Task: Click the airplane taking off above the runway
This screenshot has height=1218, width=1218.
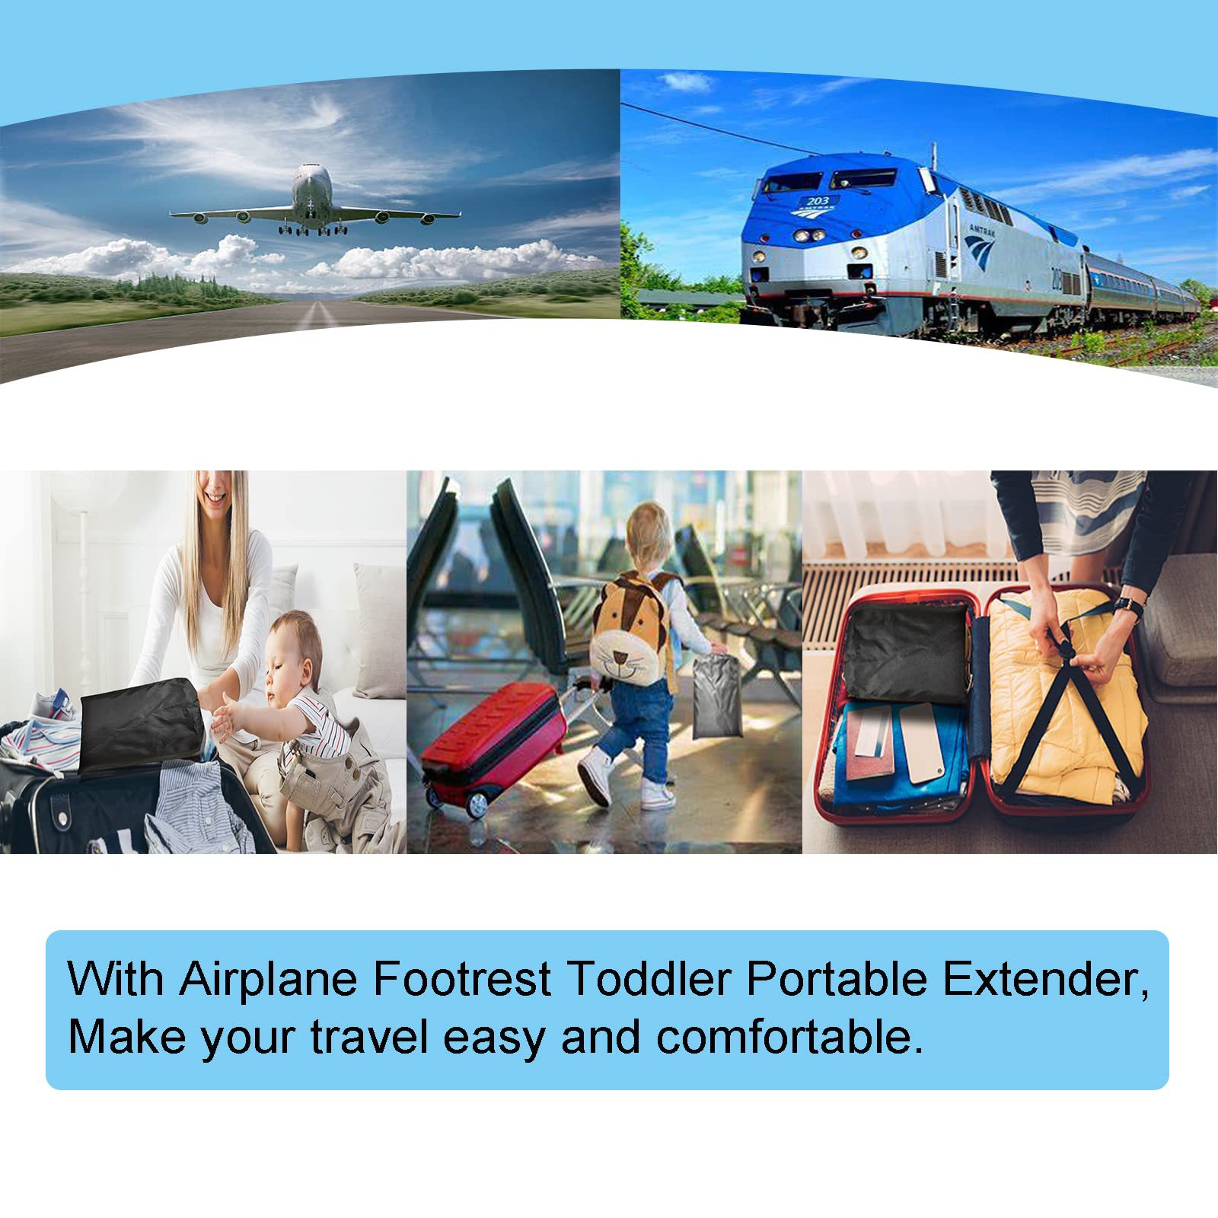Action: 314,199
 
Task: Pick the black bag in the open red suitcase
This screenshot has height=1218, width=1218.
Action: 909,654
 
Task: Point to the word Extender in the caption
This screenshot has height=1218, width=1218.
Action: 1044,979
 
